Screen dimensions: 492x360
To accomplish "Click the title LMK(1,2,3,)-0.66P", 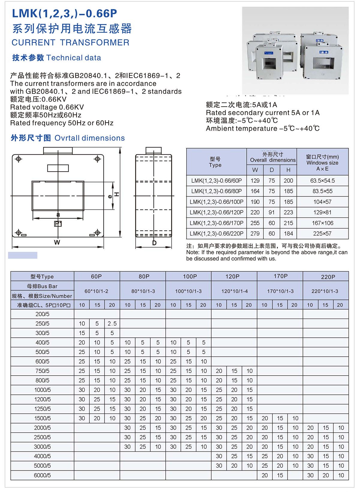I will pyautogui.click(x=64, y=13).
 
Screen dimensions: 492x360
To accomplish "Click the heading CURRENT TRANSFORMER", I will pyautogui.click(x=70, y=43).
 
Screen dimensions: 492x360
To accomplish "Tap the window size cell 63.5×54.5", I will pyautogui.click(x=322, y=181).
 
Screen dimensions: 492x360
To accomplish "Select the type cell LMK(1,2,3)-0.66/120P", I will pyautogui.click(x=216, y=212).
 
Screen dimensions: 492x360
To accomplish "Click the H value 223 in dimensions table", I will pyautogui.click(x=288, y=212).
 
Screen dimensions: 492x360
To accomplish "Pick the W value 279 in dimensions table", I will pyautogui.click(x=255, y=233).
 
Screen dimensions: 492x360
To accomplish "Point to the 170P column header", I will pyautogui.click(x=280, y=276).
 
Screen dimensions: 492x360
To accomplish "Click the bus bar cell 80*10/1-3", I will pyautogui.click(x=143, y=291).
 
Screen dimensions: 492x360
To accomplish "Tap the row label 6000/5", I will pyautogui.click(x=42, y=475).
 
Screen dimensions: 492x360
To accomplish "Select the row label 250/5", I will pyautogui.click(x=42, y=323).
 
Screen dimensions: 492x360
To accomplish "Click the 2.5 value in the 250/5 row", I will pyautogui.click(x=112, y=323).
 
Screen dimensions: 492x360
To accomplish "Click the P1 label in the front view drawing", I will pyautogui.click(x=58, y=224).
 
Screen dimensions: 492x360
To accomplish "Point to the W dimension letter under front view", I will pyautogui.click(x=57, y=242).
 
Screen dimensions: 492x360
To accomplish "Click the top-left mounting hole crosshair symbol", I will pyautogui.click(x=19, y=159).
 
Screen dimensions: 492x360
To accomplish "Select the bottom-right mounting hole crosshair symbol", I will pyautogui.click(x=97, y=232).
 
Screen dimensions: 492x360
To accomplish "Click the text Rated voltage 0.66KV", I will pyautogui.click(x=47, y=107).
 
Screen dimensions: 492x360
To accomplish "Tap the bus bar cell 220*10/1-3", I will pyautogui.click(x=325, y=291).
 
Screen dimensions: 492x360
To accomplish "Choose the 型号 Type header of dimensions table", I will pyautogui.click(x=215, y=162).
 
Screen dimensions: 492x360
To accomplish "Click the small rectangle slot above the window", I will pyautogui.click(x=58, y=168).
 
